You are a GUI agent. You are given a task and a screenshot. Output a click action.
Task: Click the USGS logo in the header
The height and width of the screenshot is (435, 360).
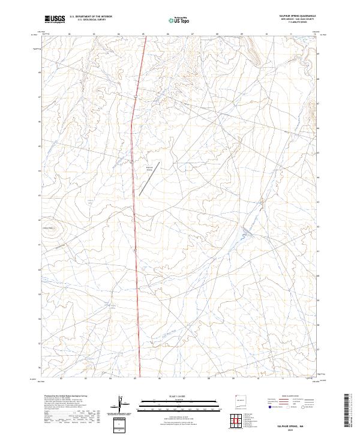click(55, 19)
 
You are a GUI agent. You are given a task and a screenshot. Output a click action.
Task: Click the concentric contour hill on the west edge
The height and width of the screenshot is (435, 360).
click(52, 228)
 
